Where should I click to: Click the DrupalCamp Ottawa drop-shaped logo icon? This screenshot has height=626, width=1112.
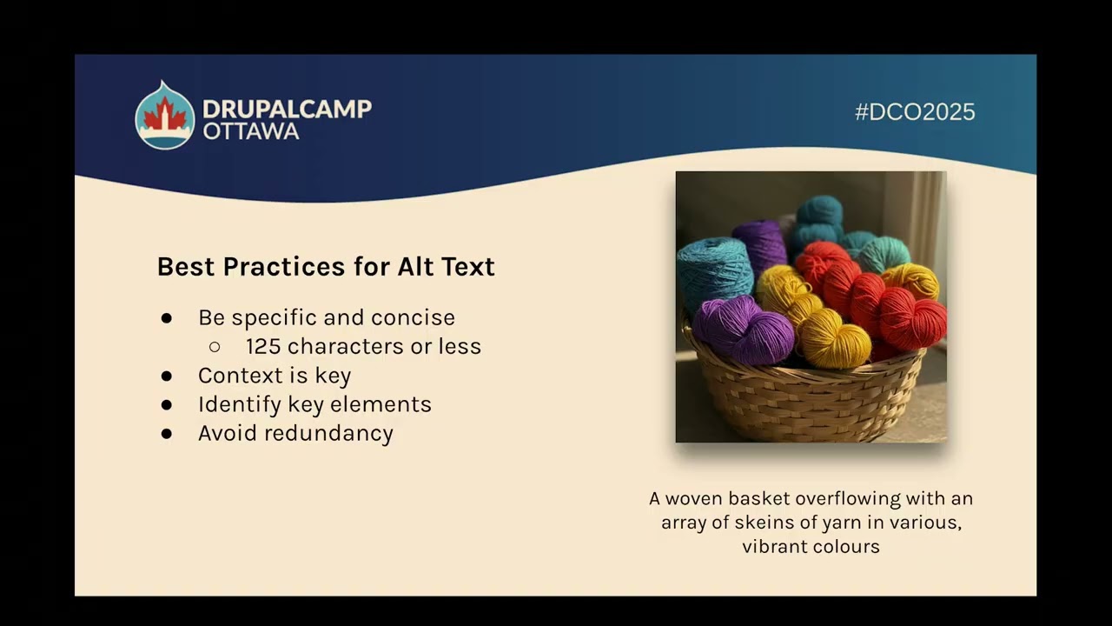point(164,116)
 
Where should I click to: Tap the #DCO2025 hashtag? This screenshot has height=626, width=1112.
point(915,112)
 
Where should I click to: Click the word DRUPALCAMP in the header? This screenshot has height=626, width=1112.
point(287,109)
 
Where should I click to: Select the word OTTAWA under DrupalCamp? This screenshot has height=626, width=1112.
point(251,131)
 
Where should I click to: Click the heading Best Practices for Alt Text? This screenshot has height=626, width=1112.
point(326,267)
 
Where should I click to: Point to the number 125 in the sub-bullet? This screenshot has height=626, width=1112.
point(263,346)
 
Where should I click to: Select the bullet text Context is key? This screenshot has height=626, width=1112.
point(275,376)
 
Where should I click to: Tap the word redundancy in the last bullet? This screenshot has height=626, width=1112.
point(341,433)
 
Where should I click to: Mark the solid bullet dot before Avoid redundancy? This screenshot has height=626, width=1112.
point(167,434)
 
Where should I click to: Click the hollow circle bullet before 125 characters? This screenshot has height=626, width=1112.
point(215,347)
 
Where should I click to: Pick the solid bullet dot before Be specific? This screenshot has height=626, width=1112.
point(167,318)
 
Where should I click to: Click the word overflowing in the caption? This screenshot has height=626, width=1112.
point(848,499)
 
